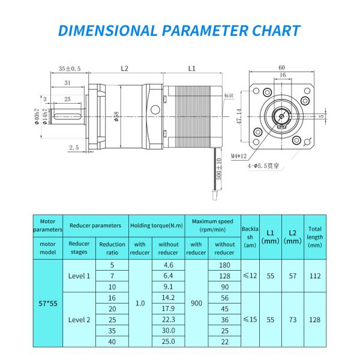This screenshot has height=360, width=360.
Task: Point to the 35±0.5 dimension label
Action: (70, 68)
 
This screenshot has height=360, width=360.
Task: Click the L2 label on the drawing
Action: (124, 69)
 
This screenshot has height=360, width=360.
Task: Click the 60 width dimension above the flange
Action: (281, 67)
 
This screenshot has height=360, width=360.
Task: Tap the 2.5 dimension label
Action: (74, 147)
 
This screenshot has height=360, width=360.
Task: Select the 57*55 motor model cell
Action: (47, 303)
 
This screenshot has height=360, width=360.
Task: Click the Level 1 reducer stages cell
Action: (79, 276)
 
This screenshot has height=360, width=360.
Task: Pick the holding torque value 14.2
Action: (168, 298)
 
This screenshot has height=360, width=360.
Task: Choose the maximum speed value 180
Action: (224, 265)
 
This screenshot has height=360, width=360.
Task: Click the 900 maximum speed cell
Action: (196, 303)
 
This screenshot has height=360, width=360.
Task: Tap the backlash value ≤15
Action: (250, 319)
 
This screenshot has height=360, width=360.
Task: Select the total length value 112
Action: (314, 276)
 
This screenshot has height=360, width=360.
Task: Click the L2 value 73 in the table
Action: (292, 319)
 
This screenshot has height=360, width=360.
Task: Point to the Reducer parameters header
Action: (95, 226)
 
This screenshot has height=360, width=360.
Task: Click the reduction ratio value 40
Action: (112, 341)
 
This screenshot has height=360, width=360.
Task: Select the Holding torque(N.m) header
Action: (156, 226)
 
